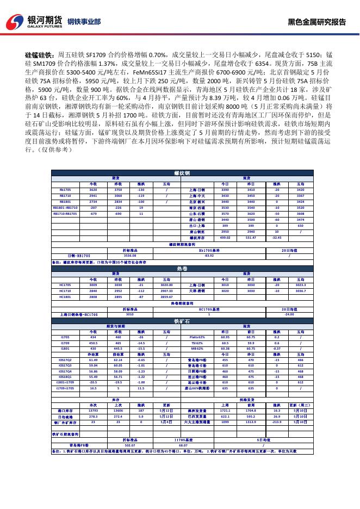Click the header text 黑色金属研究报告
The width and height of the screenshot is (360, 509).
pos(316,22)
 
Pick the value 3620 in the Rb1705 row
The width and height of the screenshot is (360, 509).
pos(93,190)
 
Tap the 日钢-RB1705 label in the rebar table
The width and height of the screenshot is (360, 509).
pos(79,255)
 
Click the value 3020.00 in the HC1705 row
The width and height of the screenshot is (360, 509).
pos(166,284)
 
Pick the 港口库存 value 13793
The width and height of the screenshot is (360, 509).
pos(93,411)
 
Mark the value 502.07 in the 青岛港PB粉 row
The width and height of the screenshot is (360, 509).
pos(129,445)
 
